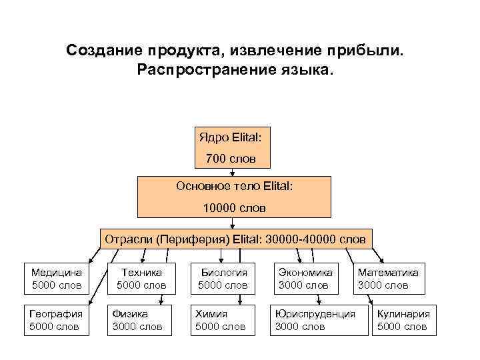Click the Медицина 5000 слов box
click(x=57, y=279)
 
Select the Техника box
click(x=141, y=279)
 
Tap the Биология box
click(x=223, y=279)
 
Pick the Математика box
click(x=388, y=279)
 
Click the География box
click(x=57, y=320)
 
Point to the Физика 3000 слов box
click(x=139, y=320)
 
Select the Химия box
click(x=221, y=320)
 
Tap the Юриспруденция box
click(x=315, y=320)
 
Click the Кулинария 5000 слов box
click(x=403, y=320)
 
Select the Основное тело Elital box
click(x=234, y=197)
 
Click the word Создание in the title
click(x=105, y=51)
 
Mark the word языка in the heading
click(x=304, y=69)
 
